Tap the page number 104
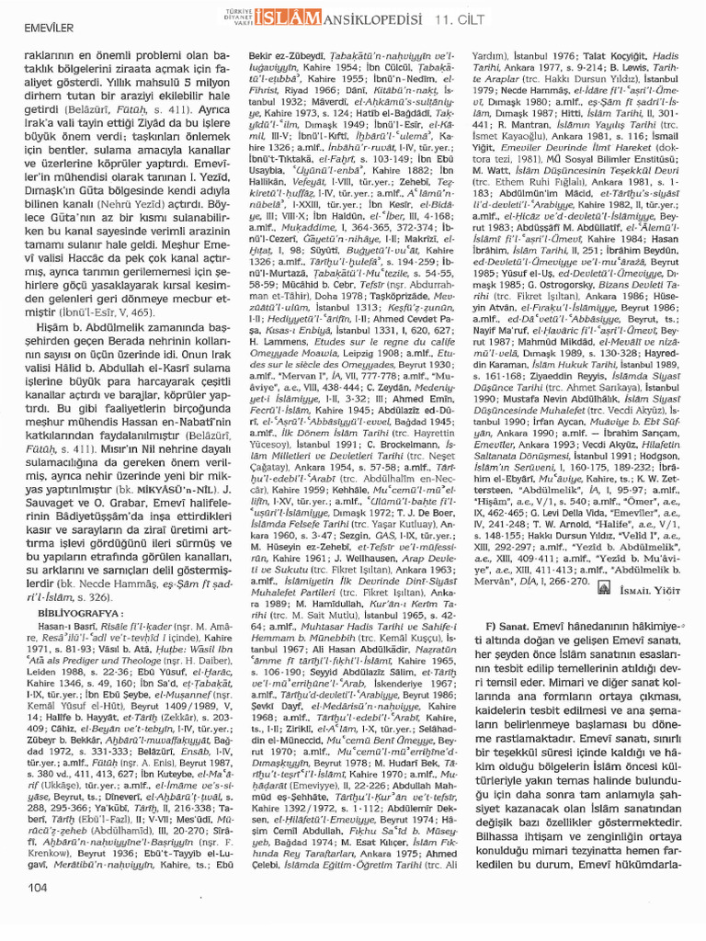click(x=38, y=913)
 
